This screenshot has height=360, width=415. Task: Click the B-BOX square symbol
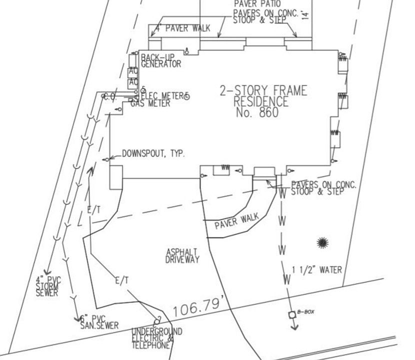291,314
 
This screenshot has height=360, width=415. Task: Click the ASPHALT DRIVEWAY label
182,255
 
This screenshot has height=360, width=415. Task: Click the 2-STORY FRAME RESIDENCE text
263,96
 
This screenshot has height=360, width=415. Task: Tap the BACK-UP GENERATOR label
160,60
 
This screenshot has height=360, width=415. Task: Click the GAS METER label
150,104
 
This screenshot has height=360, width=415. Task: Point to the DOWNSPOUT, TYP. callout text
153,153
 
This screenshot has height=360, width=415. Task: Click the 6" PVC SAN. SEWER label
99,322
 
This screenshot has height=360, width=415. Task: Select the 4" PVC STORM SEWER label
47,286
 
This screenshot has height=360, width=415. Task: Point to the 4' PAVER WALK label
182,28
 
